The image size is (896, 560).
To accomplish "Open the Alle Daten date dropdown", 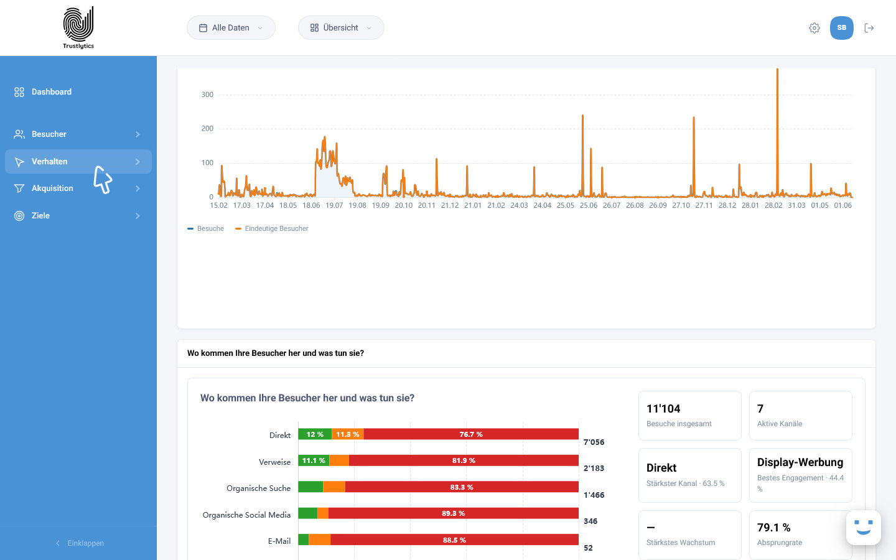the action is [x=231, y=27].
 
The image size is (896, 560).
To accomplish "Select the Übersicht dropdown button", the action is [x=341, y=27].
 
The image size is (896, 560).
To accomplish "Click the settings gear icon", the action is [x=814, y=28].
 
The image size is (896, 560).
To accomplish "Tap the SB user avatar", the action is [x=842, y=27].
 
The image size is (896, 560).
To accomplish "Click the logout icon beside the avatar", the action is [x=869, y=28].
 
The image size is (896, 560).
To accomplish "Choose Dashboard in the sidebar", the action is [x=52, y=92].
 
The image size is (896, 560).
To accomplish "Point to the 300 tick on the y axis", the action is [x=207, y=95].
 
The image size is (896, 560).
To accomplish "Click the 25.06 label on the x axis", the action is [x=589, y=205].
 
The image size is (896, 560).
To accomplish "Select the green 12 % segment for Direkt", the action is [x=315, y=434].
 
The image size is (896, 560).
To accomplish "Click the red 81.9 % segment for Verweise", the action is [x=464, y=460].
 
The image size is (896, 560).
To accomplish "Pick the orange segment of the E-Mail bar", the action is [x=320, y=539].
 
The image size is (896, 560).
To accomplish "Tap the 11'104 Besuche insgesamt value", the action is [x=663, y=408].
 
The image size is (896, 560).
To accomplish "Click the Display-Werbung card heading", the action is [x=800, y=462].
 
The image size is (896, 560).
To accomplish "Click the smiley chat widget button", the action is [x=863, y=527].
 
